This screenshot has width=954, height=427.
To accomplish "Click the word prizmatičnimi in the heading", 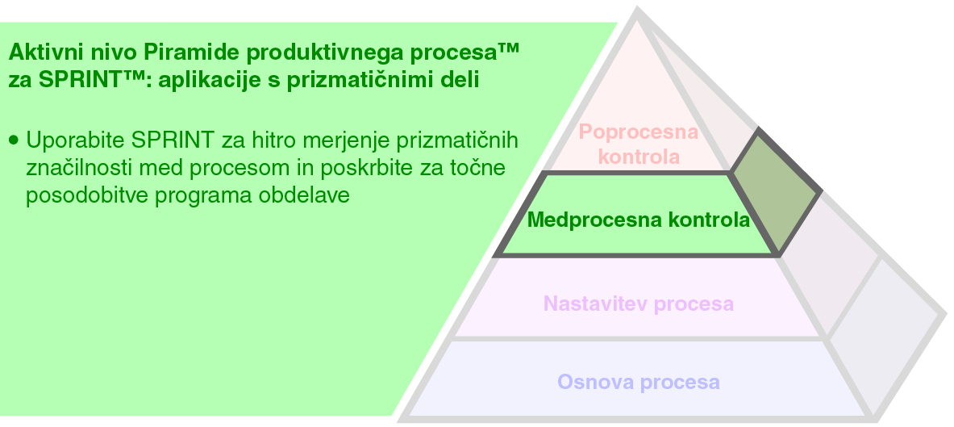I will coord(364,81).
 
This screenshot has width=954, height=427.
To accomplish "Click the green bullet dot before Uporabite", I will coord(13,140).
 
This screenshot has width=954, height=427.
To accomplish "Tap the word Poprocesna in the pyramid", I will coord(639,132).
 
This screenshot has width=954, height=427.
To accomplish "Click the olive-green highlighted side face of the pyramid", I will coord(775,190).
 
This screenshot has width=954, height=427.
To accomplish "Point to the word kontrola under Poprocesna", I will coord(639,157).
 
